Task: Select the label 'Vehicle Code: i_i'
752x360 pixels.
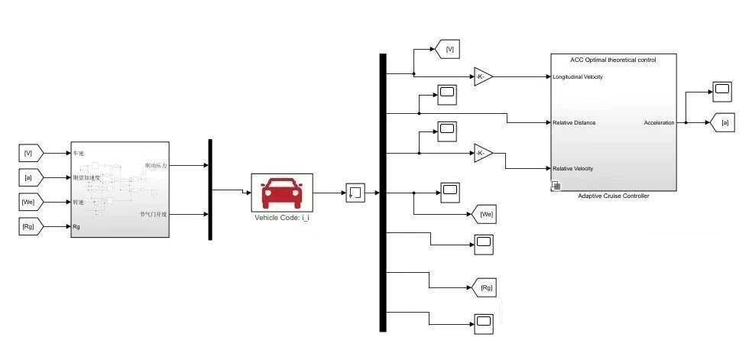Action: pos(281,217)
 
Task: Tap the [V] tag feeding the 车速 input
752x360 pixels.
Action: pos(31,154)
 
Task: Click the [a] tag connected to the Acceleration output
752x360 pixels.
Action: pos(723,122)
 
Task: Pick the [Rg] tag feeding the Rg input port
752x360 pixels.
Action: pos(31,226)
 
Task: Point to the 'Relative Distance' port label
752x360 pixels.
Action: pos(574,122)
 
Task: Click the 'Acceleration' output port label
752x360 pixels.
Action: pos(659,122)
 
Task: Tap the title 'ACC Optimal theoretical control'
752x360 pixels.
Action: pos(613,59)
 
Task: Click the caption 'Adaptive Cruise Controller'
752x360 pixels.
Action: pos(613,196)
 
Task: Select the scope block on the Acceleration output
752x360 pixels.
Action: pos(722,92)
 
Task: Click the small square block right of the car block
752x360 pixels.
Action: pos(355,193)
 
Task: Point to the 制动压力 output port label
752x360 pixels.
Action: pos(155,165)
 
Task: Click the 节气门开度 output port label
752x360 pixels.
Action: pos(153,214)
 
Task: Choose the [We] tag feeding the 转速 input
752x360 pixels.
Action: pos(31,202)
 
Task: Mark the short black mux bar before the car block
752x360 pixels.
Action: pos(210,190)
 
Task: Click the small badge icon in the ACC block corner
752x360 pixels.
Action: pos(556,186)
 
